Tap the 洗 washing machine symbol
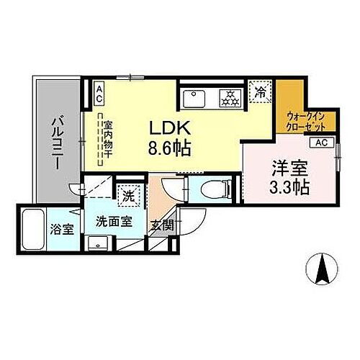tap(127, 194)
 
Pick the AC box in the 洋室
tap(321, 142)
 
